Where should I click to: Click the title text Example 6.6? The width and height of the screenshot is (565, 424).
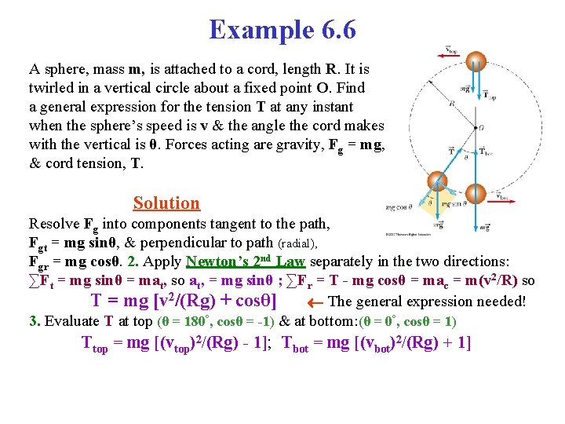pos(282,30)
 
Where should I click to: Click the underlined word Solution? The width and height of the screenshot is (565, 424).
pos(166,203)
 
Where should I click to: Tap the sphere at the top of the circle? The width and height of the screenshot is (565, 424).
pos(475,62)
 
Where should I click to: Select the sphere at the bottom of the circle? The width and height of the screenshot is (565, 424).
pos(475,193)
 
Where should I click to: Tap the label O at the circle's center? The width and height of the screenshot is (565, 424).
pos(481,126)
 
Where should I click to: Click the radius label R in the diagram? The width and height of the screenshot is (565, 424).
pos(453,102)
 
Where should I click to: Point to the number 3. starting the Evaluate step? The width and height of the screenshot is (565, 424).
pos(35,321)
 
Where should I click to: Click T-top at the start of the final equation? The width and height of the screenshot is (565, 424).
pos(95,343)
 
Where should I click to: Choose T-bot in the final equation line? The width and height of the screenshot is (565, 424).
pos(297,343)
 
